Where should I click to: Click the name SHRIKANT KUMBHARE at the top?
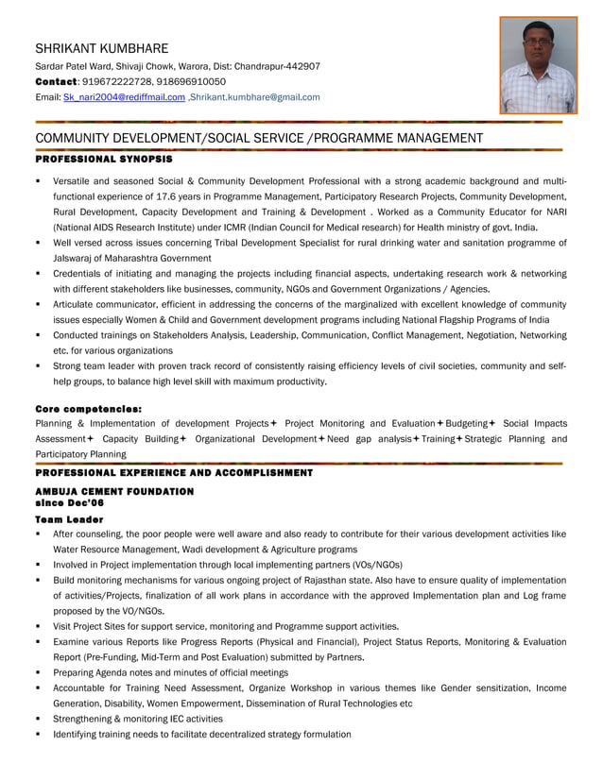pyautogui.click(x=101, y=48)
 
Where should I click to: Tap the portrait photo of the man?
pyautogui.click(x=538, y=66)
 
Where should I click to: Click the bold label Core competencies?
pyautogui.click(x=88, y=409)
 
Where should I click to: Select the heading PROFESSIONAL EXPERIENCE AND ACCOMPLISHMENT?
pyautogui.click(x=173, y=472)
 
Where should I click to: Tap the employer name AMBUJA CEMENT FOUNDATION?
pyautogui.click(x=113, y=492)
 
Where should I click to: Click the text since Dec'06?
pyautogui.click(x=71, y=503)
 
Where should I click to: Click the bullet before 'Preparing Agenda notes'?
pyautogui.click(x=38, y=673)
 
